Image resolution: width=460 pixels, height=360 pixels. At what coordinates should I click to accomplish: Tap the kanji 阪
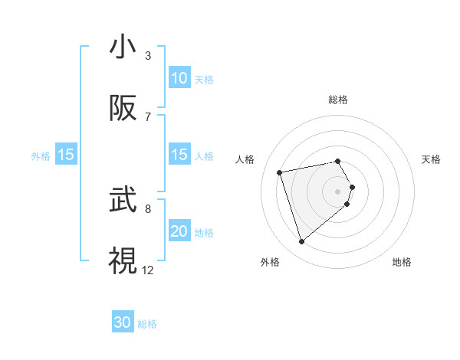pyautogui.click(x=123, y=109)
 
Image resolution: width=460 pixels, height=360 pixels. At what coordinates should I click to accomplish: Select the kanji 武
pyautogui.click(x=123, y=201)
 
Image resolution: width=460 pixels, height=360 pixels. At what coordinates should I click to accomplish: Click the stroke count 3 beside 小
pyautogui.click(x=148, y=56)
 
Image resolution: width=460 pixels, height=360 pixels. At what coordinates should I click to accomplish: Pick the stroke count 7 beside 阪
pyautogui.click(x=148, y=117)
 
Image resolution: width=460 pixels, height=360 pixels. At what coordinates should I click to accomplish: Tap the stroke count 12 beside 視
pyautogui.click(x=148, y=270)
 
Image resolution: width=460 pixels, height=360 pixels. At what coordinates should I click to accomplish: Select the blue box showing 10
pyautogui.click(x=179, y=78)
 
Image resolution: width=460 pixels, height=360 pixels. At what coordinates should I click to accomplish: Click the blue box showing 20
pyautogui.click(x=179, y=231)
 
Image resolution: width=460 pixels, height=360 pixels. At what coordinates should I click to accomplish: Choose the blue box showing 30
pyautogui.click(x=123, y=322)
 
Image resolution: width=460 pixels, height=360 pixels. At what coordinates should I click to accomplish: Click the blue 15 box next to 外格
pyautogui.click(x=66, y=155)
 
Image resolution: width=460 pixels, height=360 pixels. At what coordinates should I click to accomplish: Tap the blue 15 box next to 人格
pyautogui.click(x=179, y=155)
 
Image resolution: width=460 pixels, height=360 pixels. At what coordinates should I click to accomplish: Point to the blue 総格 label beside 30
pyautogui.click(x=147, y=324)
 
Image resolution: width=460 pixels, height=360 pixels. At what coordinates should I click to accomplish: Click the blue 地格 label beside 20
pyautogui.click(x=204, y=233)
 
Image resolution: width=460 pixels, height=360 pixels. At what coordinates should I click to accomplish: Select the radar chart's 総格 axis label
pyautogui.click(x=338, y=100)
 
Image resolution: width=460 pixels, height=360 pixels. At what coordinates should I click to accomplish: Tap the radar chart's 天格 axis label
pyautogui.click(x=432, y=159)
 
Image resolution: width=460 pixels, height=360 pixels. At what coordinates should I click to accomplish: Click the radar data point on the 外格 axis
pyautogui.click(x=301, y=242)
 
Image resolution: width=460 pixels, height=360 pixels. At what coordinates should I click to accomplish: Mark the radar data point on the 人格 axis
pyautogui.click(x=280, y=172)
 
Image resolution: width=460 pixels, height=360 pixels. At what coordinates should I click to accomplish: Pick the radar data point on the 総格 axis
pyautogui.click(x=338, y=161)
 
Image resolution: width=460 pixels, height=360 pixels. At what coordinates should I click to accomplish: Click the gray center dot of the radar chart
pyautogui.click(x=338, y=191)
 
